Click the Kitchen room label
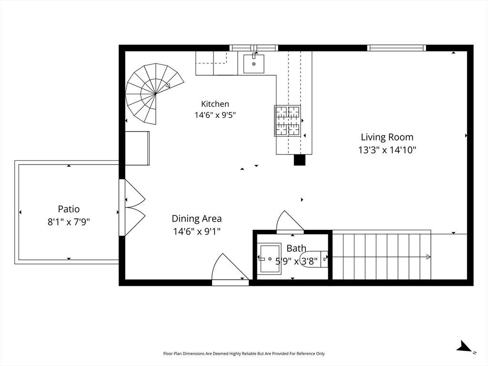click(x=215, y=104)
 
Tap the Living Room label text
click(x=387, y=137)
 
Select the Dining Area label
click(x=197, y=219)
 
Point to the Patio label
click(x=69, y=209)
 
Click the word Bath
click(x=296, y=248)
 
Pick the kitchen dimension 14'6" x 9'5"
click(x=215, y=115)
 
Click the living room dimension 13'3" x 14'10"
click(x=387, y=150)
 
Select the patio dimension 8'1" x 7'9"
click(x=69, y=222)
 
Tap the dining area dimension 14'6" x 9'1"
click(x=197, y=232)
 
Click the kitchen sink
click(x=254, y=63)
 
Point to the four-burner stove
click(x=287, y=121)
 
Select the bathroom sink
click(x=270, y=259)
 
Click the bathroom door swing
click(x=290, y=222)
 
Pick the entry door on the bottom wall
click(x=230, y=269)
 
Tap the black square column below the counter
click(x=300, y=160)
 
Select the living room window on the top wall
click(x=396, y=48)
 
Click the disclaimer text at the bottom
click(x=244, y=354)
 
